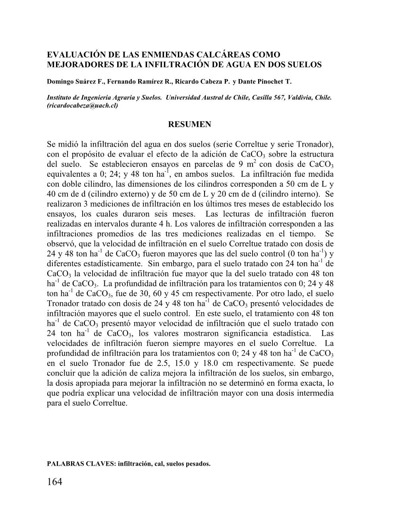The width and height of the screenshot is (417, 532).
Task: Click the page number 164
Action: (x=55, y=482)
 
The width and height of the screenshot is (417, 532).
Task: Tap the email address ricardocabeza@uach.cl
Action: (x=83, y=106)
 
